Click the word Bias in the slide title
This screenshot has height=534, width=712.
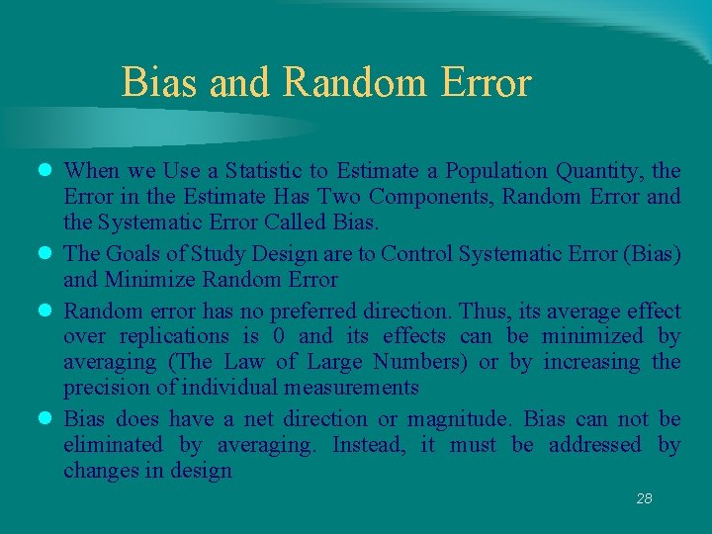click(160, 82)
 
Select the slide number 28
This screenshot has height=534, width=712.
click(644, 498)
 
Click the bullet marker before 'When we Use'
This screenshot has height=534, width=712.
click(44, 171)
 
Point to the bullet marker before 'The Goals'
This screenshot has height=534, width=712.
click(44, 254)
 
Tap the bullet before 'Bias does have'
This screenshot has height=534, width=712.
click(44, 419)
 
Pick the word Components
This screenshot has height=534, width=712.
click(440, 196)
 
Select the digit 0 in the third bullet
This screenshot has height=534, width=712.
click(279, 336)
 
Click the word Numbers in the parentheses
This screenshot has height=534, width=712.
click(416, 362)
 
